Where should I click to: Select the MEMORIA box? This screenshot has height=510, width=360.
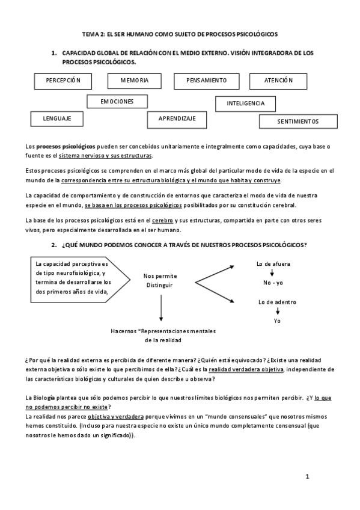click(134, 81)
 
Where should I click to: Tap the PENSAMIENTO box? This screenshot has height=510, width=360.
click(206, 81)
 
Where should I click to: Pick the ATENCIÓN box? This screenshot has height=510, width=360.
click(278, 81)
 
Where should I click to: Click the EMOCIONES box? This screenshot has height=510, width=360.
click(117, 102)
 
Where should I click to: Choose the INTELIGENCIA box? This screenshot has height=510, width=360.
click(245, 103)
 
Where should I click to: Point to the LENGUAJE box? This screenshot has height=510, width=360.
click(57, 119)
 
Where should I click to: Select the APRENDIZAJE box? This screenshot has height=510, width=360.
click(177, 119)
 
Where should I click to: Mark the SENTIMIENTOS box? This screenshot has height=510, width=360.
click(298, 121)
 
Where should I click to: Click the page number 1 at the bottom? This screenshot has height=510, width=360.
click(307, 477)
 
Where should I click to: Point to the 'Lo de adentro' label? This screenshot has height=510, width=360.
click(277, 301)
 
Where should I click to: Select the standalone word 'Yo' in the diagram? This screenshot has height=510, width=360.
click(277, 321)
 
